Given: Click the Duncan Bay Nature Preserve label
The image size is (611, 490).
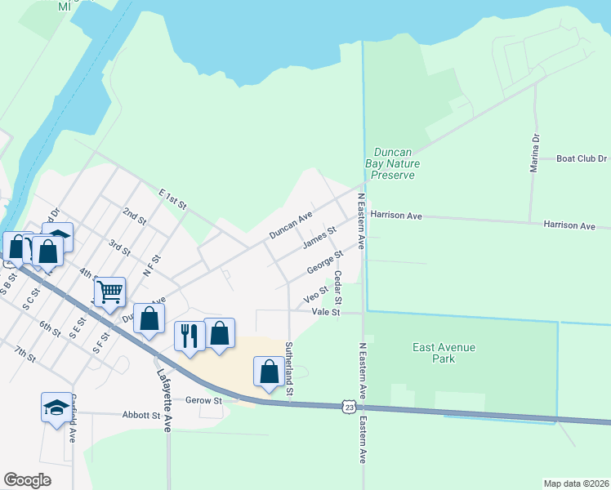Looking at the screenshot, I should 394,163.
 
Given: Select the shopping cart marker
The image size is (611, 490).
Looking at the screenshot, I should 109,291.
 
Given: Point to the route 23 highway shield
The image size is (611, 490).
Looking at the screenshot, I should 350,406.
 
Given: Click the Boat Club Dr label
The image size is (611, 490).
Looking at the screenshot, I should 582,159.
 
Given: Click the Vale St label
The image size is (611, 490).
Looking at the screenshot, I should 324,312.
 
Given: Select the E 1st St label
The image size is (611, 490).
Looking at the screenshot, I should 172,198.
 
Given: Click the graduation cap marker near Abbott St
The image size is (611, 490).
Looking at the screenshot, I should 56,407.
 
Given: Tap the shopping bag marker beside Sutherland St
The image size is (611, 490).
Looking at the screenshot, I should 270,372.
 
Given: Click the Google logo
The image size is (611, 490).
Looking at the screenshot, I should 27,479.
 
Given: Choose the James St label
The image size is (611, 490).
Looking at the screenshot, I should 319,239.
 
